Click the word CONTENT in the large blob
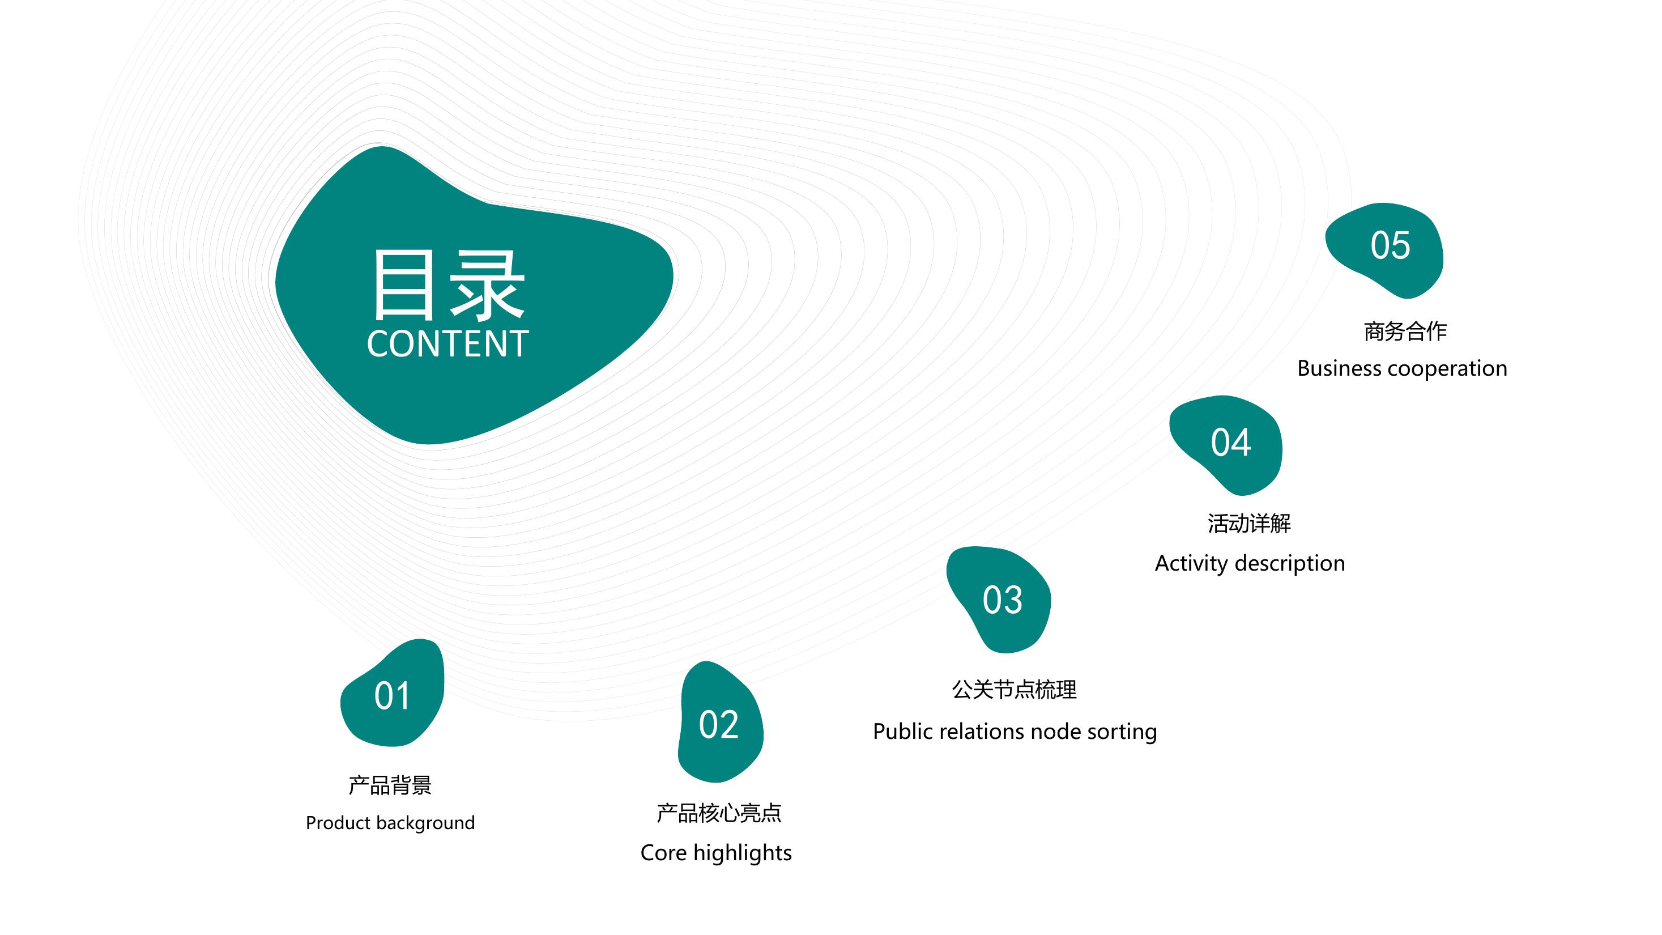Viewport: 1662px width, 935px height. coord(448,343)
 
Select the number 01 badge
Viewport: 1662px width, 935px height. coord(392,693)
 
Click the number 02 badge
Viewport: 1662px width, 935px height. coord(720,722)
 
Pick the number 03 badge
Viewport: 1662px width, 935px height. coord(999,600)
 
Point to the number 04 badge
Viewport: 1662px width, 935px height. coord(1226,445)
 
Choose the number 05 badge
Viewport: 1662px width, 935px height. coord(1384,250)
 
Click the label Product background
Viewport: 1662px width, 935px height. coord(390,823)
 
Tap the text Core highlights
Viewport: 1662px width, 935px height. coord(716,853)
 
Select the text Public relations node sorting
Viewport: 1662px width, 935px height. coord(1015,732)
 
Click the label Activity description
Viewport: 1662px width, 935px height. coord(1250,563)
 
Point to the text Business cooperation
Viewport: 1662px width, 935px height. coord(1402,368)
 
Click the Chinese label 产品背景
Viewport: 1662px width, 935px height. coord(390,785)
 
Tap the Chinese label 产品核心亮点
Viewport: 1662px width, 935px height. coord(719,813)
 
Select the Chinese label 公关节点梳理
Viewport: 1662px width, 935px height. coord(1014,690)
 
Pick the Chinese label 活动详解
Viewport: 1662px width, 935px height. coord(1249,523)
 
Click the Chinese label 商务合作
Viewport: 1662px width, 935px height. coord(1405,331)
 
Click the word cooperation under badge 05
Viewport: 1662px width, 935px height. coord(1448,369)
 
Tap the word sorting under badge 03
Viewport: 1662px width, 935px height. coord(1122,732)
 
